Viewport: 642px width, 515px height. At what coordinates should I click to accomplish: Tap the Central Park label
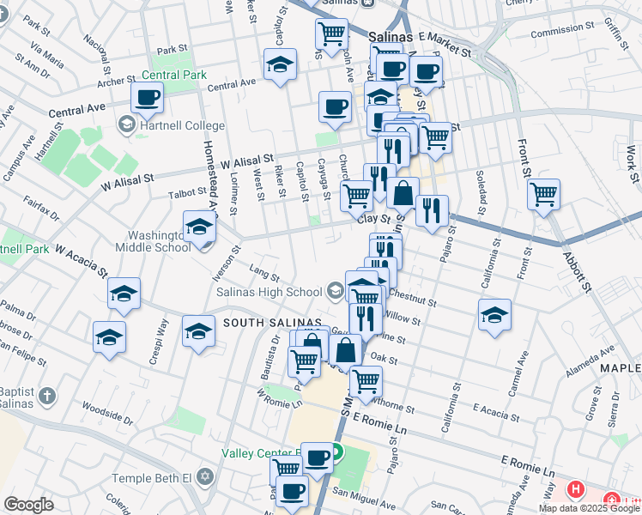[x=175, y=75]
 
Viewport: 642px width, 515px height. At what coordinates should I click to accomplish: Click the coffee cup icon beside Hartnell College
[x=147, y=99]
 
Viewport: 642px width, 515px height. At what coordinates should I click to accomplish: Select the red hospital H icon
[x=575, y=490]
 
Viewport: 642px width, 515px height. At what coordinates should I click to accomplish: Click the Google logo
[x=28, y=505]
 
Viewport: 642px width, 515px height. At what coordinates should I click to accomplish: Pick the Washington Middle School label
[x=160, y=241]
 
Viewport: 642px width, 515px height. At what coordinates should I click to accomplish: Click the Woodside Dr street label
[x=107, y=412]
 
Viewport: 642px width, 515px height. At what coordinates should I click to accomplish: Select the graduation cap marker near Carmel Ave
[x=495, y=315]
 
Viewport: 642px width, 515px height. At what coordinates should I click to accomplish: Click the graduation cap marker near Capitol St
[x=280, y=65]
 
